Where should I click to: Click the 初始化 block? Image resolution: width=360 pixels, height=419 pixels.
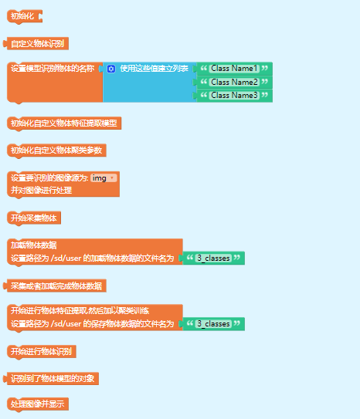(25, 16)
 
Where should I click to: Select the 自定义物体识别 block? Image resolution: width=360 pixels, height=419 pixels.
(36, 43)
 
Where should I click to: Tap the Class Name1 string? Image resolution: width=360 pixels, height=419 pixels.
(234, 69)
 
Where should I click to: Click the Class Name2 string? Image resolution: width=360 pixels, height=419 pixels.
(234, 82)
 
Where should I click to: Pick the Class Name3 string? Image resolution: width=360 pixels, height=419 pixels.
(234, 96)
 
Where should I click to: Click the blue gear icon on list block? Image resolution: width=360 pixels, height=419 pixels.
(111, 69)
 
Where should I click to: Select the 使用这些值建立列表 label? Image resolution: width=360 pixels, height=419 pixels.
(154, 69)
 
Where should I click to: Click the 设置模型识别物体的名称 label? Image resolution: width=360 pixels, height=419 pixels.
(53, 69)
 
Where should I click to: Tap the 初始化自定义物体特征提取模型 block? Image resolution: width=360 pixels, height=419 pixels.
(64, 123)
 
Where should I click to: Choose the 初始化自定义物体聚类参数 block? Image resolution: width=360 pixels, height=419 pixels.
(56, 150)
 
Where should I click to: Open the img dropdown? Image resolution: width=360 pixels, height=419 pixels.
(104, 178)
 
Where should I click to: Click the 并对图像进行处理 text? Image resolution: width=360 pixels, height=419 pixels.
(41, 191)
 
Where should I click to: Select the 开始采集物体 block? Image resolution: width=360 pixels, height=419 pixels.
(34, 218)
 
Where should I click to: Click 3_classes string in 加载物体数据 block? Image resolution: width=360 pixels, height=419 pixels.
(213, 258)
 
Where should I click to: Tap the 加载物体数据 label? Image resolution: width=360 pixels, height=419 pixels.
(34, 245)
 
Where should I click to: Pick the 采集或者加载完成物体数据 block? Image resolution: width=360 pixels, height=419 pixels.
(55, 286)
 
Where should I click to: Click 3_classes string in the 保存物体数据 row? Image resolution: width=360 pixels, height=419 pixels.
(213, 324)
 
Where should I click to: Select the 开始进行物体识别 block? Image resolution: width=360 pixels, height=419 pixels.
(42, 351)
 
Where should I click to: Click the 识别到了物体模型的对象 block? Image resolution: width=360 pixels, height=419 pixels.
(51, 379)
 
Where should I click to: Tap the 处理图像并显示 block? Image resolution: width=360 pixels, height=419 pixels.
(38, 404)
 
